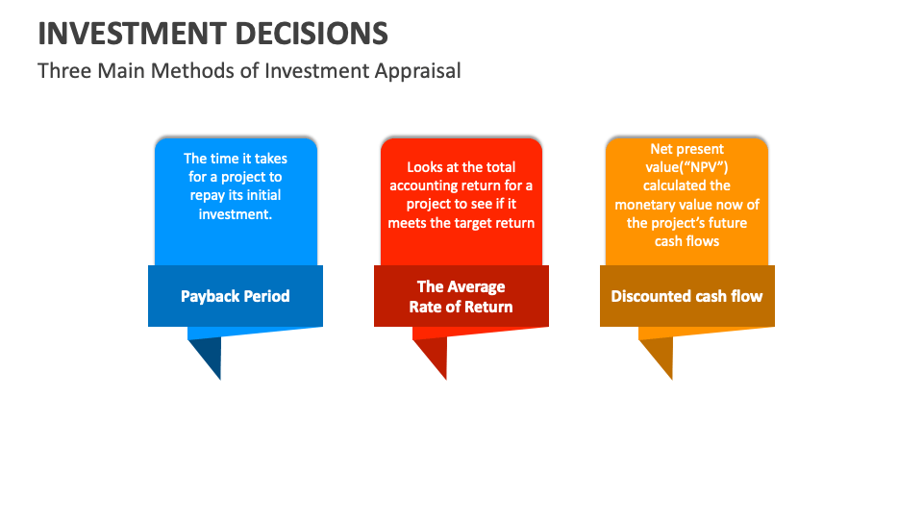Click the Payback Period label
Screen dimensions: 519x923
tap(235, 296)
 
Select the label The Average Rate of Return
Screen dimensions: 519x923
tap(461, 297)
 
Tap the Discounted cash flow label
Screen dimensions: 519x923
tap(686, 296)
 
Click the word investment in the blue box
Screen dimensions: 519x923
tap(236, 214)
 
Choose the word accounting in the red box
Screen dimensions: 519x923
tap(425, 185)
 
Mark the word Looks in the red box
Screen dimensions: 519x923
tap(425, 167)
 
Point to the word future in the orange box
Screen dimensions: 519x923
tap(725, 223)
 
